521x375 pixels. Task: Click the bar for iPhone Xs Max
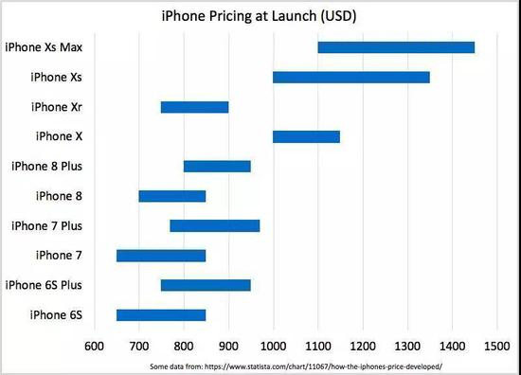click(x=396, y=47)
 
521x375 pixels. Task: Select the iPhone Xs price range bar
click(x=351, y=78)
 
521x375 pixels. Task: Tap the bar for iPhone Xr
click(x=195, y=107)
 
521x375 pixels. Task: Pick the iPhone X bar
click(x=306, y=137)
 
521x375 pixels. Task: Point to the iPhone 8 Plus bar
click(x=217, y=167)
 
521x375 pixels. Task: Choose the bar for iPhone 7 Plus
click(x=215, y=226)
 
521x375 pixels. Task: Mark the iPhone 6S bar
click(x=161, y=315)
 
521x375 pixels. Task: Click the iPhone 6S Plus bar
click(x=206, y=285)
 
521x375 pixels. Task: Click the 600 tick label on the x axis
click(x=95, y=346)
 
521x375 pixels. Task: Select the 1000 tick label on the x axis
click(x=273, y=346)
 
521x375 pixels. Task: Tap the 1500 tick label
click(x=497, y=346)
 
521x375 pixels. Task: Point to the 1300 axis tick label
click(x=407, y=346)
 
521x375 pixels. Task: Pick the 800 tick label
click(x=184, y=346)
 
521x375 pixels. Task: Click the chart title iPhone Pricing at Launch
click(x=240, y=16)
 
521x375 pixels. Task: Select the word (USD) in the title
click(x=338, y=16)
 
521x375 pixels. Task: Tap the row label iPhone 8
click(x=59, y=196)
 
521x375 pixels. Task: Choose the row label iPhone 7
click(x=59, y=256)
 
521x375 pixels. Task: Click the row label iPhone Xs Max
click(x=44, y=47)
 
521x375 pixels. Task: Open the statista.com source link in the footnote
click(x=323, y=366)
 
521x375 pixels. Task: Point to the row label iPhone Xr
click(x=57, y=107)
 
